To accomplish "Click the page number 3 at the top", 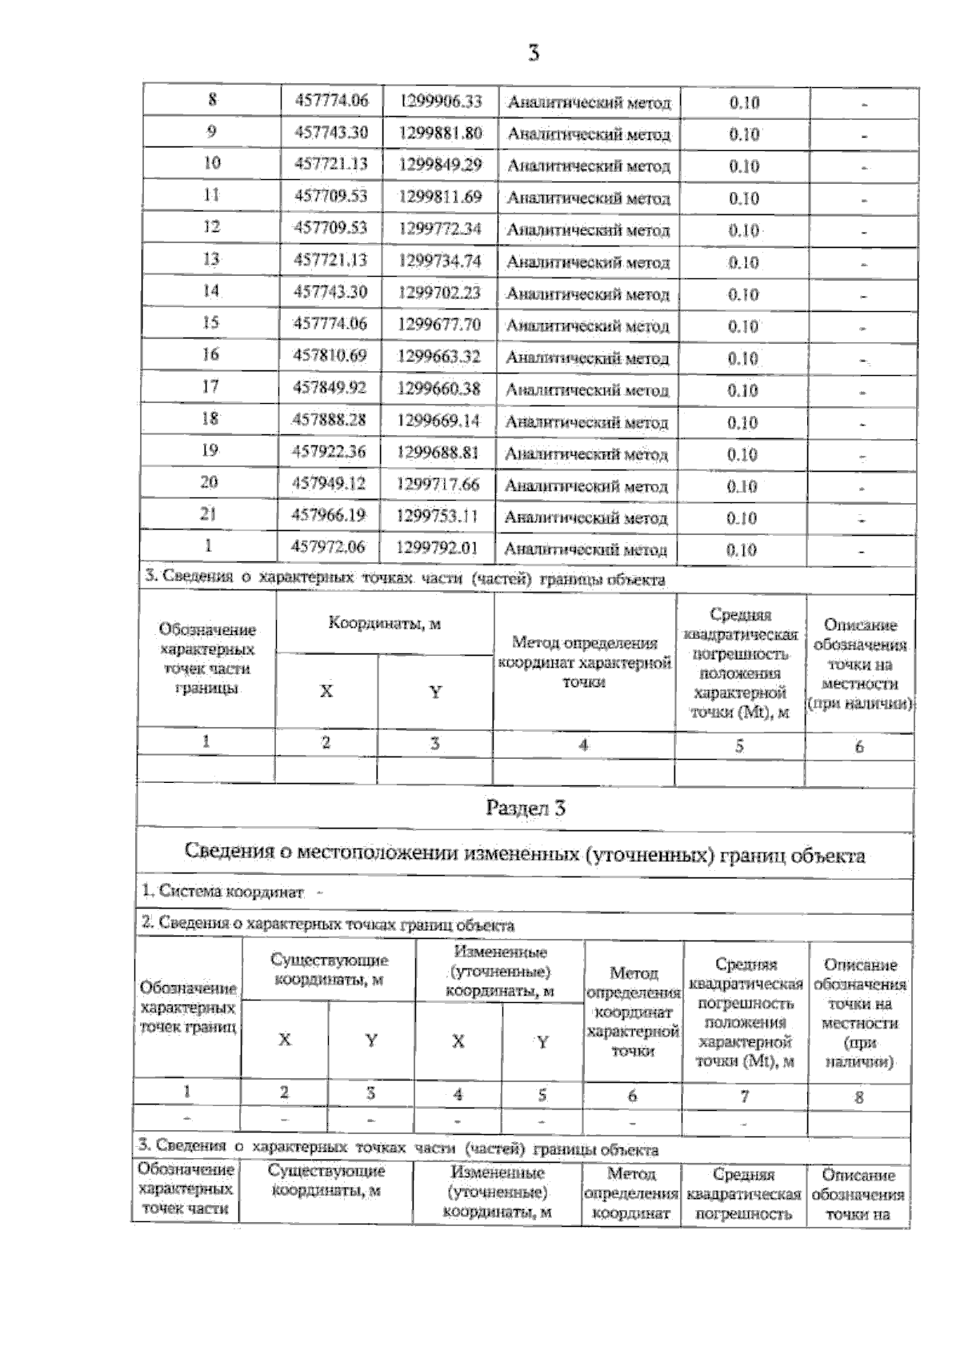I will pos(534,54).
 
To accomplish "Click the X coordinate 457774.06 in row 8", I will pos(331,101).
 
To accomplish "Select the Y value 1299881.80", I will pos(440,133).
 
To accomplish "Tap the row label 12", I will pos(211,227).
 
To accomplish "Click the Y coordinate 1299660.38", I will pos(439,389).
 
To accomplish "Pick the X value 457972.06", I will pos(330,547).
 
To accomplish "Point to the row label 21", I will pos(209,514).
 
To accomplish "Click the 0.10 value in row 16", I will pos(742,358).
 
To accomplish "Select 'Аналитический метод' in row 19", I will pos(586,454).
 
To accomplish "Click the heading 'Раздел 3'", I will pos(526,808).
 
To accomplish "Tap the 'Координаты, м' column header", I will pos(384,624).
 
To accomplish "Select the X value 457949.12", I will pos(330,484).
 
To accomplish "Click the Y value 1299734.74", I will pos(439,261).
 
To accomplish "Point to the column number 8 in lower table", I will pos(859,1097).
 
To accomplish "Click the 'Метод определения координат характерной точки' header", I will pos(584,662).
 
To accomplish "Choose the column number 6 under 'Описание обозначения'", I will pos(859,747).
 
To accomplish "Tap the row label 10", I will pos(211,163).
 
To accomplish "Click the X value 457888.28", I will pos(330,420).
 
